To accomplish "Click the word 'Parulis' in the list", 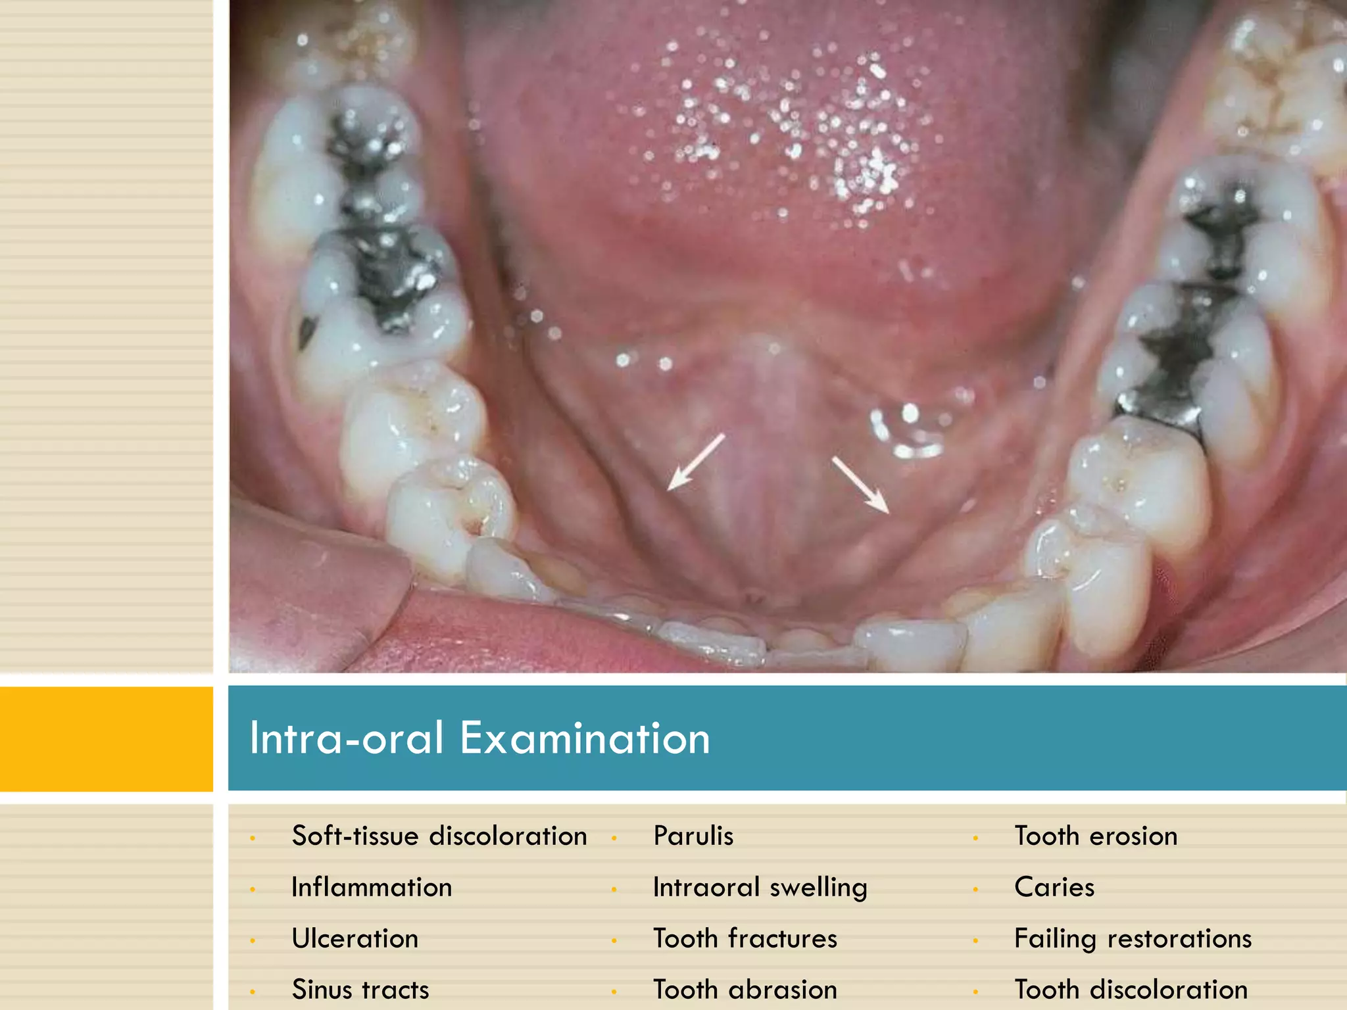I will click(x=693, y=836).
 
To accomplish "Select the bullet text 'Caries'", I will click(x=1054, y=888).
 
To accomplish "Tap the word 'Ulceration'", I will click(x=355, y=939).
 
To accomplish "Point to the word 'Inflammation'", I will click(x=372, y=888).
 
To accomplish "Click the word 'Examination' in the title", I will click(x=585, y=738).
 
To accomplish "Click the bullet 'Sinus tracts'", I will click(x=360, y=990).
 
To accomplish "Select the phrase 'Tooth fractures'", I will click(x=745, y=939).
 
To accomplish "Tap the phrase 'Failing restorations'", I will click(x=1133, y=939).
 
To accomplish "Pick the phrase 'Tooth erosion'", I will click(x=1096, y=836).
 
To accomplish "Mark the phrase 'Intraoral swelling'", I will click(x=760, y=888).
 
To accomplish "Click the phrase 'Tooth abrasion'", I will click(x=745, y=990).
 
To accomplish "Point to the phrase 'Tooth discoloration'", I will click(x=1131, y=990).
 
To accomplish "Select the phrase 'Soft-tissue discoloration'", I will click(x=439, y=836).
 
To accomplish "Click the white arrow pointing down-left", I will click(x=695, y=462).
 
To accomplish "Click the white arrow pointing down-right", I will click(x=860, y=485).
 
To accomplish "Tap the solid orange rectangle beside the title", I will click(x=107, y=738).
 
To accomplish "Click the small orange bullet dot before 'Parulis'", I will click(x=614, y=838).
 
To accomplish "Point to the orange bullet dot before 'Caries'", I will click(x=975, y=890).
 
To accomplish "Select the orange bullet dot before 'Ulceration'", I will click(x=253, y=941).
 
